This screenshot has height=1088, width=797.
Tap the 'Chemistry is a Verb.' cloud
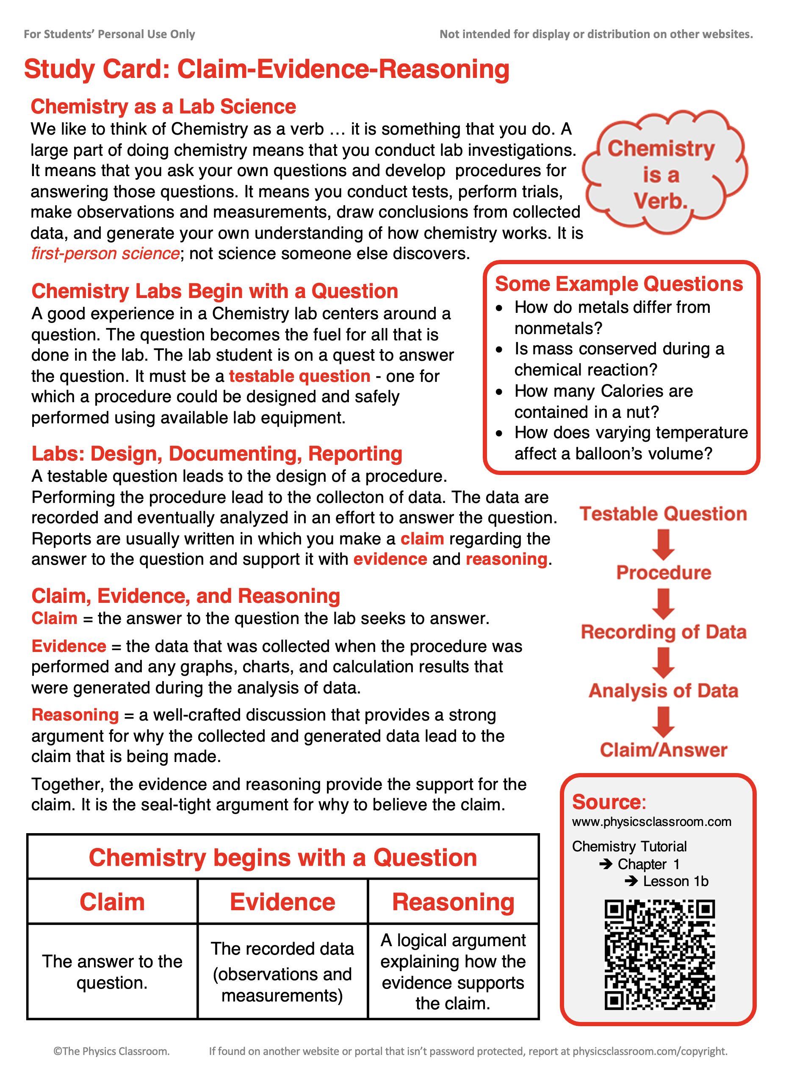(663, 174)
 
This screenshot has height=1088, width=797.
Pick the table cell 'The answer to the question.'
(112, 972)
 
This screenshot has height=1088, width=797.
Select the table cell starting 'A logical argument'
(453, 972)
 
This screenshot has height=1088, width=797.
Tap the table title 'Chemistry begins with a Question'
(283, 857)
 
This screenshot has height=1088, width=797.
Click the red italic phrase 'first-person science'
(105, 254)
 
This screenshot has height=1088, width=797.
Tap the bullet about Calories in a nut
(603, 401)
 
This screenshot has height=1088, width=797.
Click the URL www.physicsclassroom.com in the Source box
(651, 821)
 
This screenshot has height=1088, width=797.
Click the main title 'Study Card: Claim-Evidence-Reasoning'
(266, 69)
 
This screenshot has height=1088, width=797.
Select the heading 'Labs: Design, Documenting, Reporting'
(217, 454)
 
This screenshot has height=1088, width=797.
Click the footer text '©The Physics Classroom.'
(111, 1051)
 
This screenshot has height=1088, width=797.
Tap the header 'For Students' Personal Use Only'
(110, 34)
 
